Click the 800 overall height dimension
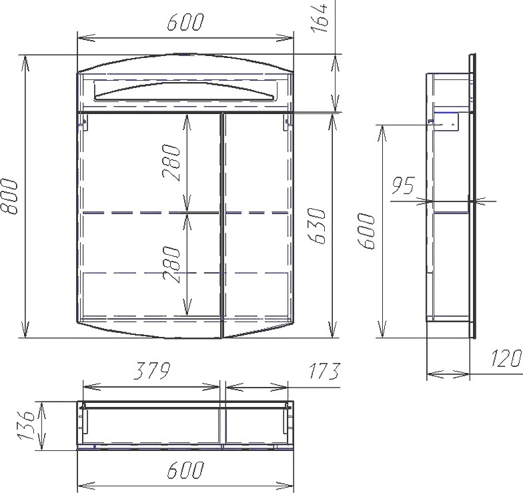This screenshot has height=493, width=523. click(8, 196)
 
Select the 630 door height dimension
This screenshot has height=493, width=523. click(316, 226)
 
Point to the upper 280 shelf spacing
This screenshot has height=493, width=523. click(172, 163)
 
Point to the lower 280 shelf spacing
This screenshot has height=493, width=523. click(172, 264)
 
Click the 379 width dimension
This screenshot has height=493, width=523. click(152, 371)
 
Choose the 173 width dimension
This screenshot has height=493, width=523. click(323, 371)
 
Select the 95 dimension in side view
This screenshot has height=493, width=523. click(403, 185)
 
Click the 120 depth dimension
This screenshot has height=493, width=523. click(506, 359)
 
